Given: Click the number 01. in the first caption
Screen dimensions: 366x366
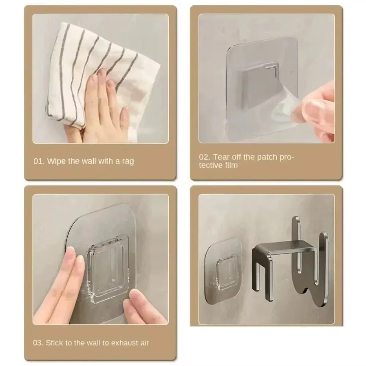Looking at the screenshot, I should [39, 161].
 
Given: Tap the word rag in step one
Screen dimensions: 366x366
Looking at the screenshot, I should [126, 161].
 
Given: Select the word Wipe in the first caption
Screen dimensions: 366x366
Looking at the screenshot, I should [56, 161].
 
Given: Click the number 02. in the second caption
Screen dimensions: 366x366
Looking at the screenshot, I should [205, 157].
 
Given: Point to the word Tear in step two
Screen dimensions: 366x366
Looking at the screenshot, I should [221, 157].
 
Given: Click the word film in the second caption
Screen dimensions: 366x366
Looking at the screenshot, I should [231, 165].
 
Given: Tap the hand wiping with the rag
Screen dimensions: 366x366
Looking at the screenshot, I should [102, 110].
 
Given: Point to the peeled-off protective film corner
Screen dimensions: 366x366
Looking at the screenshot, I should [289, 110].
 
